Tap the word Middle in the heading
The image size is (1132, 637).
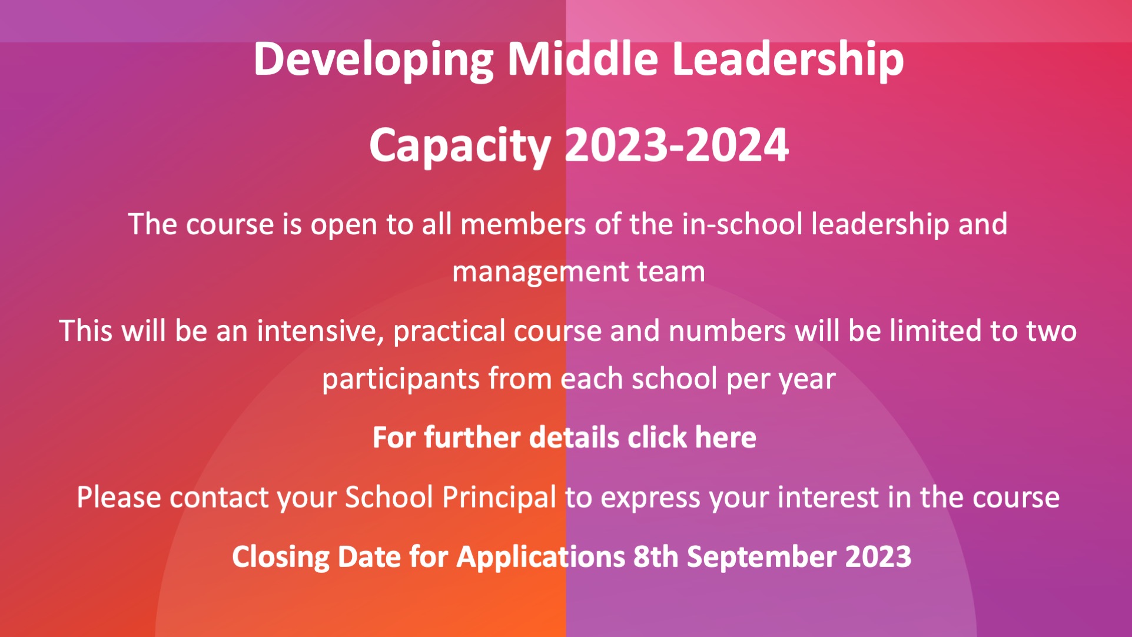pyautogui.click(x=583, y=59)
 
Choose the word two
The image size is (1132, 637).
pyautogui.click(x=1052, y=331)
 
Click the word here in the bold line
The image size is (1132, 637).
pyautogui.click(x=726, y=437)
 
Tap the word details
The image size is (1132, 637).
pyautogui.click(x=575, y=437)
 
